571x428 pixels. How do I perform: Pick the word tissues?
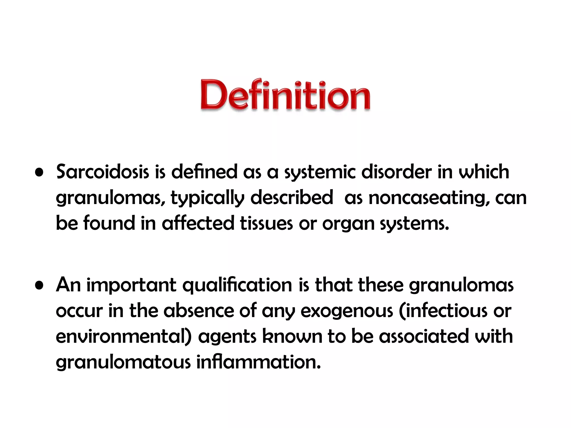coord(266,223)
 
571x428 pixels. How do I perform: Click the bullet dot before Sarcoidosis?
coord(39,172)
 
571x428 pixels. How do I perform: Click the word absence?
coord(199,310)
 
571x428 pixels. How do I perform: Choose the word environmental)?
coord(124,336)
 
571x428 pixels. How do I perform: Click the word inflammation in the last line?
coord(258,362)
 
